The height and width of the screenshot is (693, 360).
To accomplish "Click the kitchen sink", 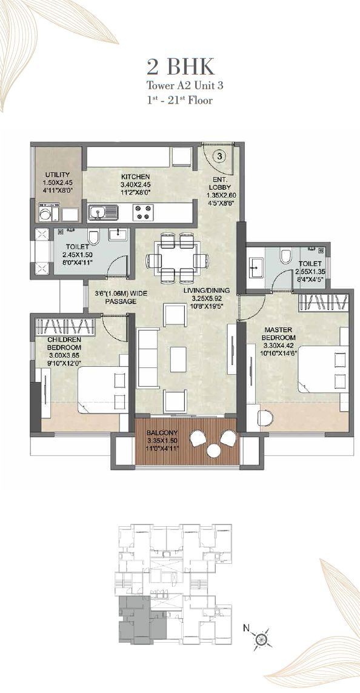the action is (102, 212).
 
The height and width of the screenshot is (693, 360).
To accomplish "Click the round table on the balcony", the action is (214, 450).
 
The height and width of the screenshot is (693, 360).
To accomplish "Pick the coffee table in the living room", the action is (178, 359).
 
